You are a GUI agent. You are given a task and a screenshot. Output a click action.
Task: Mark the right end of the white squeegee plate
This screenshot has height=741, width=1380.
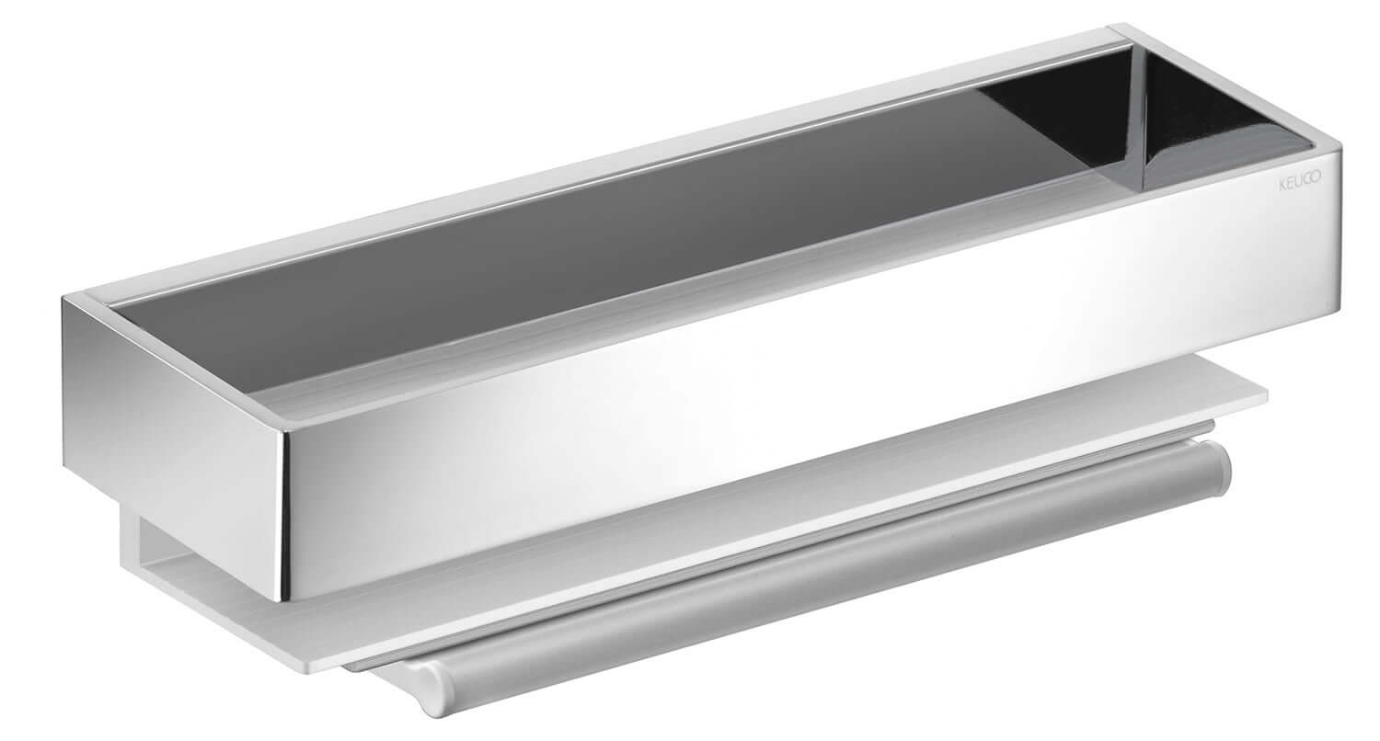click(1266, 395)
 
